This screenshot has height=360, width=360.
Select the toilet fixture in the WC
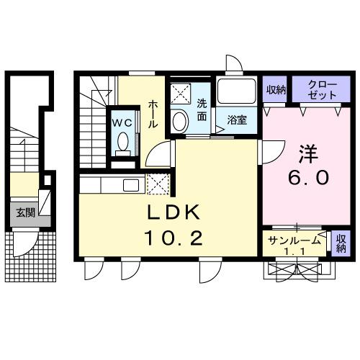pyautogui.click(x=122, y=141)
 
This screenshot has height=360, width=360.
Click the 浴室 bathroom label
pyautogui.click(x=238, y=120)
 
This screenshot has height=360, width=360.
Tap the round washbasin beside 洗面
pyautogui.click(x=180, y=119)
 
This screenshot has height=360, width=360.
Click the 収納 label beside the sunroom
pyautogui.click(x=341, y=243)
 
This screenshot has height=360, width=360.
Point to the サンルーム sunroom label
pyautogui.click(x=293, y=240)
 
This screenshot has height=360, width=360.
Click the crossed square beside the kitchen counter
pyautogui.click(x=156, y=184)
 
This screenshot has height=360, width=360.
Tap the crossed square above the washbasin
pyautogui.click(x=179, y=93)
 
